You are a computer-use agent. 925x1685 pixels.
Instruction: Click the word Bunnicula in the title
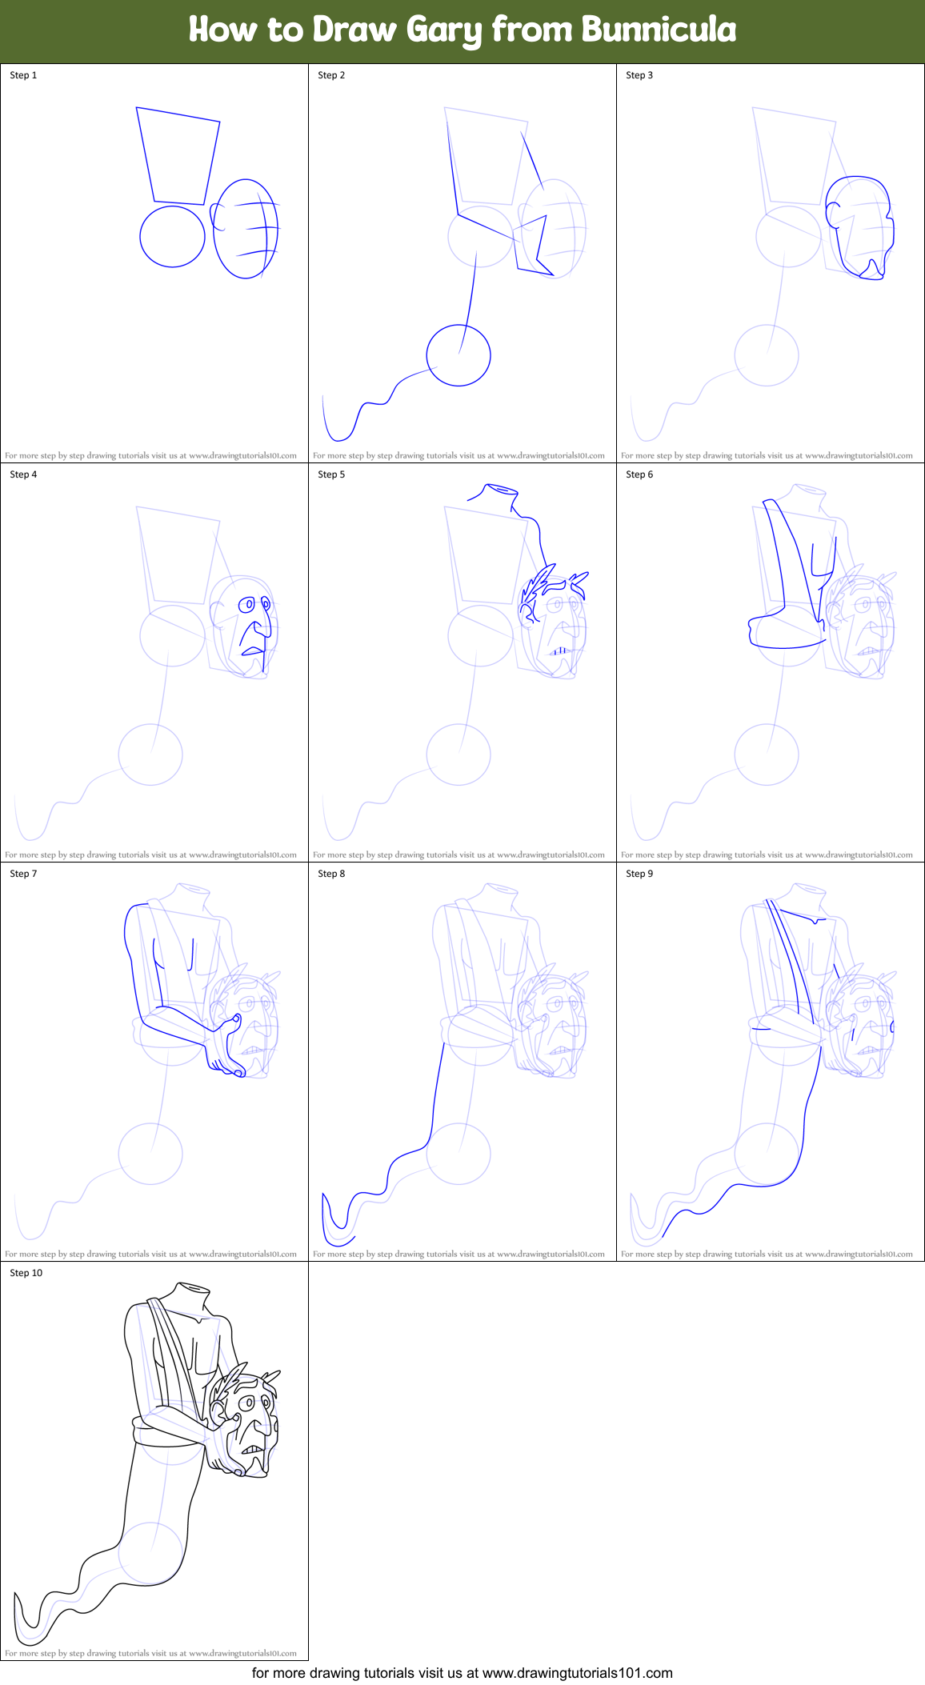[659, 30]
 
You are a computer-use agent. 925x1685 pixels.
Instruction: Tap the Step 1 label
[23, 75]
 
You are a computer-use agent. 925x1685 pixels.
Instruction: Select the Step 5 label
[331, 474]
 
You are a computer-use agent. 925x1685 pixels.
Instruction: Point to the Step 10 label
[26, 1273]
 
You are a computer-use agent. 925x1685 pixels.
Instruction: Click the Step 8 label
[331, 874]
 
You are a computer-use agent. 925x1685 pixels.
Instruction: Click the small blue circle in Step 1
[172, 236]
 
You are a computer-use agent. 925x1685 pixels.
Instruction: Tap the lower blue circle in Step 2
[458, 355]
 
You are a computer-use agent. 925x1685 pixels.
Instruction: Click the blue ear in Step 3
[834, 214]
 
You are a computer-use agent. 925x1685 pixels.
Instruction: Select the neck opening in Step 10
[193, 1288]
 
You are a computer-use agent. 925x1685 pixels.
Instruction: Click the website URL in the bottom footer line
[578, 1673]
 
